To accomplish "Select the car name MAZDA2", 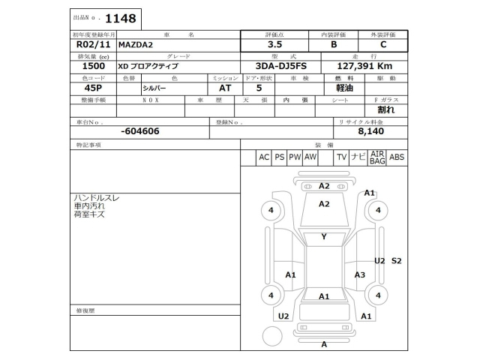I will point(135,44).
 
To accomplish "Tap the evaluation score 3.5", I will point(274,44).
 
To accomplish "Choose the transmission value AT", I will point(214,88).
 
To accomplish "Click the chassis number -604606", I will point(139,131).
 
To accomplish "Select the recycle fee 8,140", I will point(372,131).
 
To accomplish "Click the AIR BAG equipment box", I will point(377,157).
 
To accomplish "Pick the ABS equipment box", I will point(397,157).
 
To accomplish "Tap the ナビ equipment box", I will point(358,157).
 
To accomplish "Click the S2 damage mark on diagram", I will point(397,260).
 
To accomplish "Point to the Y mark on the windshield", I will point(324,237).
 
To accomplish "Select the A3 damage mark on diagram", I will point(359,275).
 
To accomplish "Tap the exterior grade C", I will point(382,44).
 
